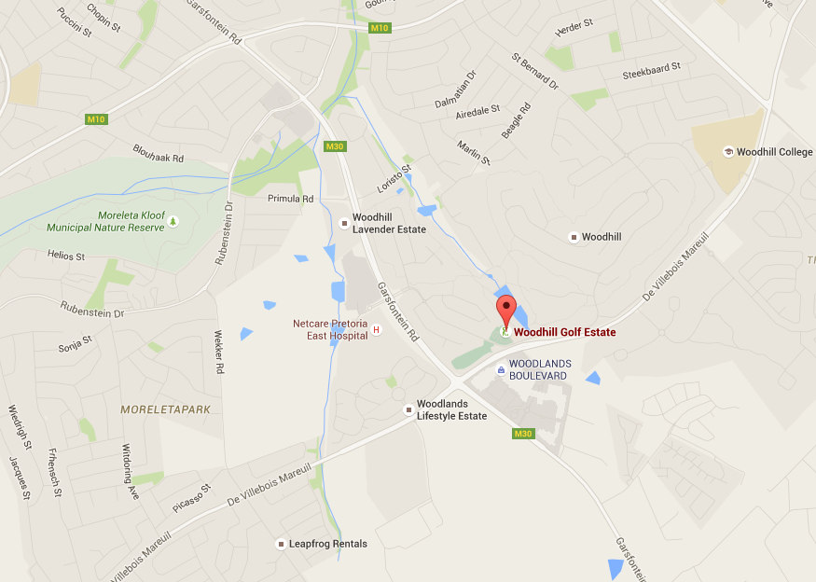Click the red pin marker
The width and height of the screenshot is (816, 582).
[505, 309]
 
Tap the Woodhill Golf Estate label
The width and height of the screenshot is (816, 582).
[564, 332]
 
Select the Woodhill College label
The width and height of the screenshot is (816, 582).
[774, 152]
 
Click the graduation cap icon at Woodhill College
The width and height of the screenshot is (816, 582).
[727, 152]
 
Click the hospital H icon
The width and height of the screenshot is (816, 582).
[377, 330]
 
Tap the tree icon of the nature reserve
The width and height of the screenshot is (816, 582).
[173, 220]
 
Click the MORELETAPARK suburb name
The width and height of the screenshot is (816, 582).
[165, 409]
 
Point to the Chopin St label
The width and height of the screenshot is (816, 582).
[104, 16]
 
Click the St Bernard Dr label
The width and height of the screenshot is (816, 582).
[534, 71]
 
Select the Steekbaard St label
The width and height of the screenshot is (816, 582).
[652, 73]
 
